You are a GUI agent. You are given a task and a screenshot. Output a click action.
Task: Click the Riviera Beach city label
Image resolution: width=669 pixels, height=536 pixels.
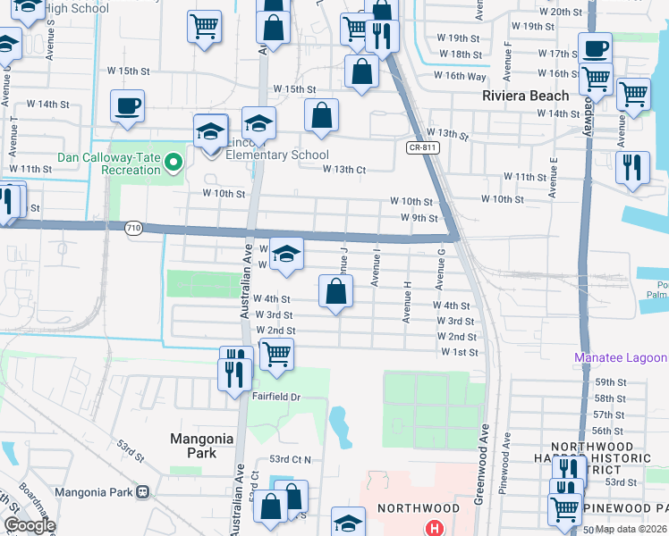525,96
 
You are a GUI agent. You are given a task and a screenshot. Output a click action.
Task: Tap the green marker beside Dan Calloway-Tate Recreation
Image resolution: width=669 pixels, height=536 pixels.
175,163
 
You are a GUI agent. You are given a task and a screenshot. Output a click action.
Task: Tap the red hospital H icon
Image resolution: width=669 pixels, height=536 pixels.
436,528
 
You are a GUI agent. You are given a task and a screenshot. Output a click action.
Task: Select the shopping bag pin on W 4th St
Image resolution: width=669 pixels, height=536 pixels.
335,291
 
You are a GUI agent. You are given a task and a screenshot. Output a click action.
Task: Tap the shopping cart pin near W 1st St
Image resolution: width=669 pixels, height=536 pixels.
277,355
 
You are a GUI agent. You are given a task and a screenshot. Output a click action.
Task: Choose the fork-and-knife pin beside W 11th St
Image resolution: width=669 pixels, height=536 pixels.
632,167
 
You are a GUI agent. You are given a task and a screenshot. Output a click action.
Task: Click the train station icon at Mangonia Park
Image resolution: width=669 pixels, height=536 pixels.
142,491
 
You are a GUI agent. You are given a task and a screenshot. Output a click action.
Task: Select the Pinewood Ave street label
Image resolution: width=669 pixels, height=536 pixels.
507,453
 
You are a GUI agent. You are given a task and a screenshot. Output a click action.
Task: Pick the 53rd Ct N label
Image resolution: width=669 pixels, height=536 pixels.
291,459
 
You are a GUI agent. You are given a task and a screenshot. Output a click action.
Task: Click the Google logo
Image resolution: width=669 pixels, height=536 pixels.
30,525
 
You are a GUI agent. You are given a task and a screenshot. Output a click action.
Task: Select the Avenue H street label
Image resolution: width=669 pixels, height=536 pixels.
406,305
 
